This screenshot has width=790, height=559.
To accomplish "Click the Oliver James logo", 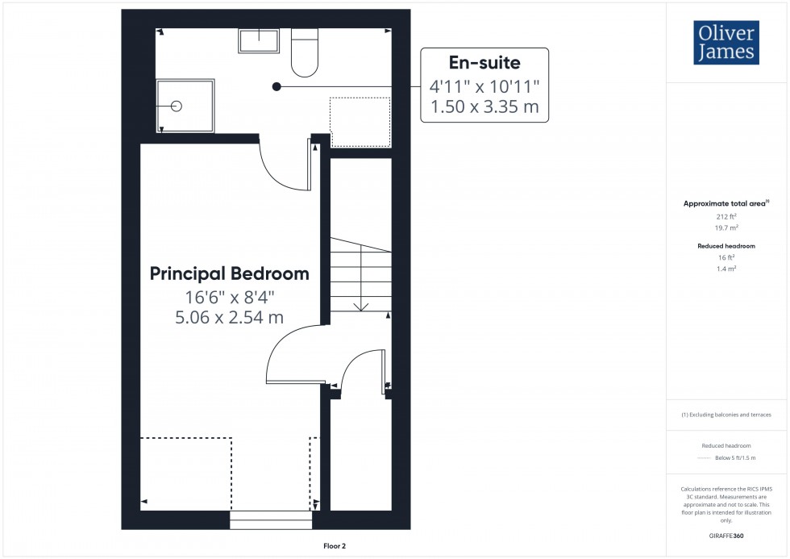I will coord(726,43).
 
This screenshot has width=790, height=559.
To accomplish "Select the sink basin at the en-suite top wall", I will coord(259,40).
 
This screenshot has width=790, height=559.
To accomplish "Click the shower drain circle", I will coord(177,106).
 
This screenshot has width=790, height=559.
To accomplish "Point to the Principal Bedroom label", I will coord(230,274).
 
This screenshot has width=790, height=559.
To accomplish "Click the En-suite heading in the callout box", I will coord(484,62).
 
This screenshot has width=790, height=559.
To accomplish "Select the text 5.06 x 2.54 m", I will coord(230,318).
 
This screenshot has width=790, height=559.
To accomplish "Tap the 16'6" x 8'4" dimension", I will coord(230,297).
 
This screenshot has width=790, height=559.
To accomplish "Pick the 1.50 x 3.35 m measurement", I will coord(484,106).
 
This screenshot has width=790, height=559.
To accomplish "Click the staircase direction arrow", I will coord(360,304).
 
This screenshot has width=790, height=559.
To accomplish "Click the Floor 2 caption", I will coord(334,546).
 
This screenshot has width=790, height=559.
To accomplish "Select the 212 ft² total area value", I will coord(726,217).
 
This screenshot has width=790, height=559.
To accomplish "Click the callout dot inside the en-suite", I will coord(276,86).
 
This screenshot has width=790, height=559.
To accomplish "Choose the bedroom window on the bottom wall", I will coord(271,520).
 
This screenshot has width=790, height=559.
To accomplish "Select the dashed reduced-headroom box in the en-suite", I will coord(360,122).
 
